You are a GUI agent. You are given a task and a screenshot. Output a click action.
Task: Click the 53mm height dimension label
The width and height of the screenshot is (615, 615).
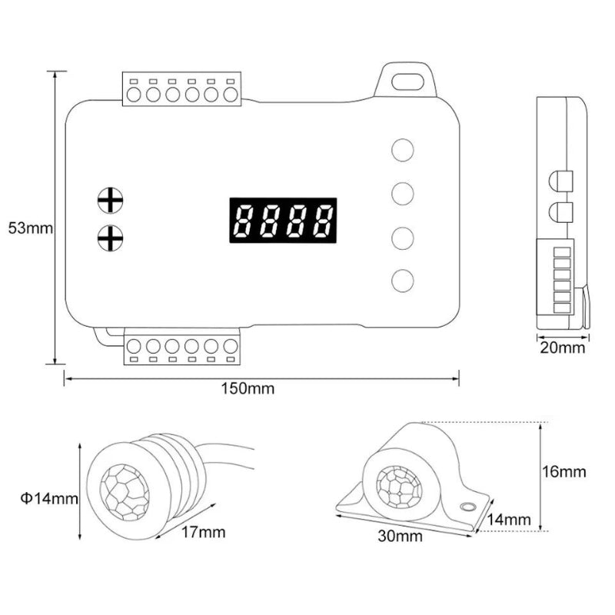pyautogui.click(x=30, y=228)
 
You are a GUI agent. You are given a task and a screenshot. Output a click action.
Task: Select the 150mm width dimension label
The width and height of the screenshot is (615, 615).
pyautogui.click(x=248, y=389)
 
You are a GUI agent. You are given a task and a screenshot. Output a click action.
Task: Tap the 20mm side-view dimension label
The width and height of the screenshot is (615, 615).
pyautogui.click(x=562, y=347)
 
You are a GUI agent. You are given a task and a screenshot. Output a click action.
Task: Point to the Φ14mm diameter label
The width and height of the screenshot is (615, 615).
pyautogui.click(x=49, y=498)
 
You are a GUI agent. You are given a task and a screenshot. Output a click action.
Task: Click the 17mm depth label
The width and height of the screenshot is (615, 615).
pyautogui.click(x=203, y=532)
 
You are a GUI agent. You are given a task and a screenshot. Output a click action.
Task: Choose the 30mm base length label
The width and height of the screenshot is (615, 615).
pyautogui.click(x=400, y=536)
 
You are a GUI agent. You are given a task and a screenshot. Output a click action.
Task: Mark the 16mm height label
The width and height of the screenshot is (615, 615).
pyautogui.click(x=563, y=471)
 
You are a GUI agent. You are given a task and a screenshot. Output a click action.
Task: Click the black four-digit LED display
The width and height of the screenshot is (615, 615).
pyautogui.click(x=283, y=220)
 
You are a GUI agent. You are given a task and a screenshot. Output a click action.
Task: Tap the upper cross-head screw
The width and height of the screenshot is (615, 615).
pyautogui.click(x=110, y=201)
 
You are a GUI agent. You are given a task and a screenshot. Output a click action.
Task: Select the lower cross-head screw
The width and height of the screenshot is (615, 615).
pyautogui.click(x=110, y=238)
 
